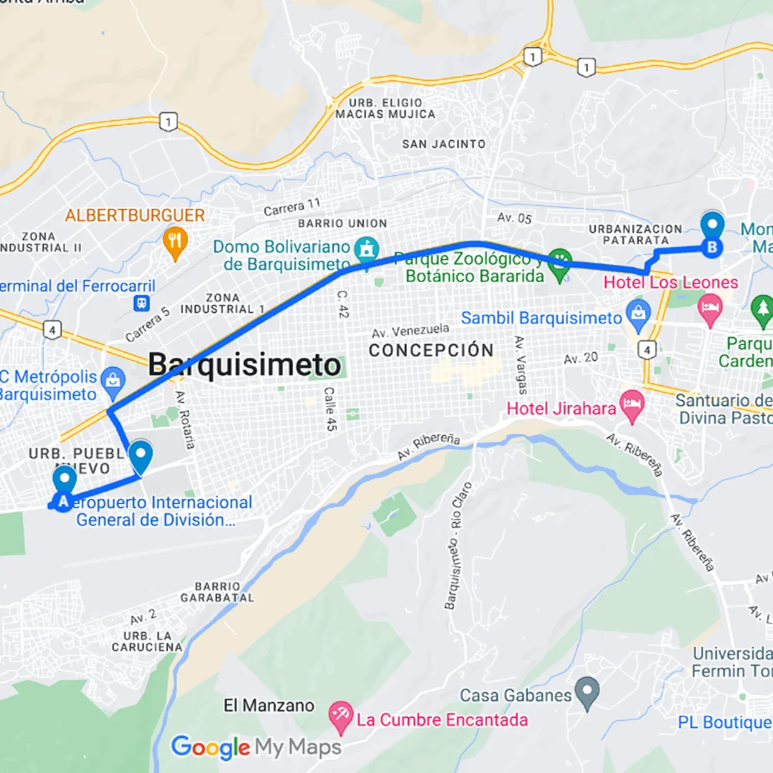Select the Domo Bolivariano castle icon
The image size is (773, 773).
367,250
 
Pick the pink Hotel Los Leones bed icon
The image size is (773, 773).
711,308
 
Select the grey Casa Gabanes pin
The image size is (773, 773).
588,693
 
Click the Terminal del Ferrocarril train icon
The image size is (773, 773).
143,303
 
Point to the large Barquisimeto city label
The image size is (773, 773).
245,365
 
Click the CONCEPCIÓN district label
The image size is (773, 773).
432,351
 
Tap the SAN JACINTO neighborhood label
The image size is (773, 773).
444,144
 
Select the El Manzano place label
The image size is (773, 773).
269,706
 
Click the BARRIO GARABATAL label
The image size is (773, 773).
217,592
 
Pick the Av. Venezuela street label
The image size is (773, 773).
411,331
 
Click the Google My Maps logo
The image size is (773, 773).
256,748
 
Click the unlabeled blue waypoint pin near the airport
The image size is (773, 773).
141,456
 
